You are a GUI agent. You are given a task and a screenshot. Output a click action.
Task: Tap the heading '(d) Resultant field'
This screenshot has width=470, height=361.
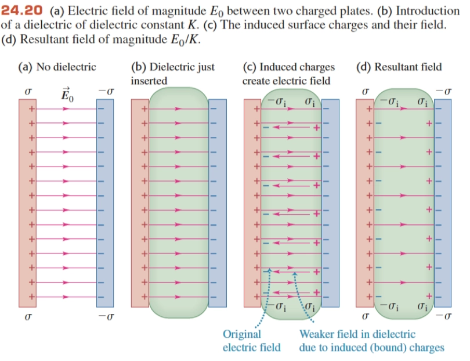click(400, 67)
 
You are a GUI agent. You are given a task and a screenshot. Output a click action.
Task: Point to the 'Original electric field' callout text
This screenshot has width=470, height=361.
click(251, 341)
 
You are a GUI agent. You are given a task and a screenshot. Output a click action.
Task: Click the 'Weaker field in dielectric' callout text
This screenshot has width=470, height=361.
click(357, 334)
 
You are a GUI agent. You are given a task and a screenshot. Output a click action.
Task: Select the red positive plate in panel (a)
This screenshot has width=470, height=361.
click(27, 203)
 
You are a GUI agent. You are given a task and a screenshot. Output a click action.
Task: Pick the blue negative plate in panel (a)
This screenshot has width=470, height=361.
click(105, 203)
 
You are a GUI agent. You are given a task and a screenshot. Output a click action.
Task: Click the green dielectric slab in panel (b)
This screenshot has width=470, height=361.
click(179, 203)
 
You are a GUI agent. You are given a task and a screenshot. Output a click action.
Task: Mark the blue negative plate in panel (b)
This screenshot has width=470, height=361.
click(217, 203)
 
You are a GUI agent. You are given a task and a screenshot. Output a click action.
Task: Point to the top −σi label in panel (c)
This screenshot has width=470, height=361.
click(276, 103)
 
